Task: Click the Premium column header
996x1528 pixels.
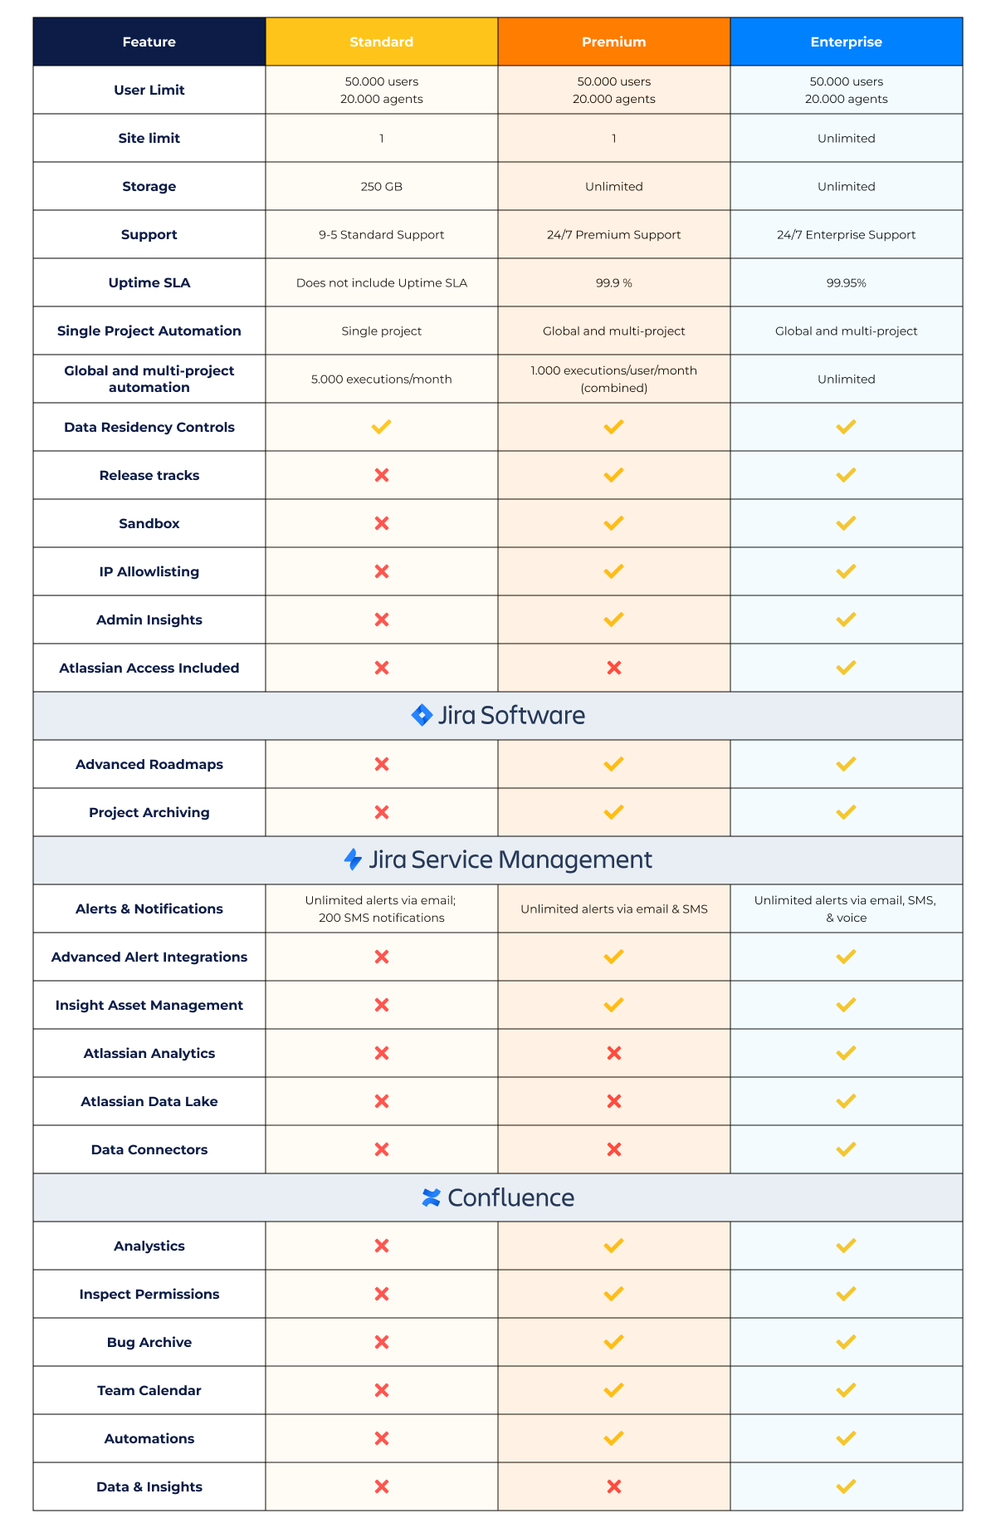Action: (x=613, y=42)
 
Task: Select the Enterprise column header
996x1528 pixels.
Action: (x=846, y=42)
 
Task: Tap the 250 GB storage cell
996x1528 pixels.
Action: (x=381, y=187)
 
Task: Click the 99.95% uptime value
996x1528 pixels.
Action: (x=846, y=283)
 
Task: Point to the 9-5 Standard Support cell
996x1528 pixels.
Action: (x=381, y=235)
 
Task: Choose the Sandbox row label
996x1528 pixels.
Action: (x=149, y=524)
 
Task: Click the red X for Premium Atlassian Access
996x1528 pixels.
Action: (x=613, y=668)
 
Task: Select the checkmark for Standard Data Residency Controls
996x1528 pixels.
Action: (x=381, y=427)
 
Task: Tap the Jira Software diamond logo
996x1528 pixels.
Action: (x=422, y=715)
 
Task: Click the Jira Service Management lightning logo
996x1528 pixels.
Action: (x=353, y=859)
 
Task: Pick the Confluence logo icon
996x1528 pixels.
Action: (x=432, y=1197)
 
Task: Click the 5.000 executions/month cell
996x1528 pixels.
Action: (x=381, y=380)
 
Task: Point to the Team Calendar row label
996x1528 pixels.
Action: (x=149, y=1390)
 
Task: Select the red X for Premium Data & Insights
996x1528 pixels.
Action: (x=613, y=1486)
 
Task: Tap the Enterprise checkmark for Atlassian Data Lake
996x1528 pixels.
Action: (x=846, y=1101)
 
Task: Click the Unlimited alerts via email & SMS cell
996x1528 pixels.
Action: (x=613, y=909)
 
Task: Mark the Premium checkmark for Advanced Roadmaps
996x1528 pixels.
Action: (x=613, y=764)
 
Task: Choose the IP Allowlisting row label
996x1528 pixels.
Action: (x=149, y=572)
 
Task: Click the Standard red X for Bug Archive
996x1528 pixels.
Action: (x=381, y=1342)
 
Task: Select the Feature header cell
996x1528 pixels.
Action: (x=149, y=42)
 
